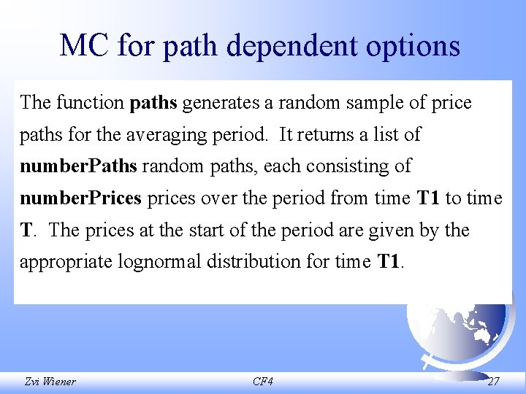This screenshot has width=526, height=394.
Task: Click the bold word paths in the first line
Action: click(153, 103)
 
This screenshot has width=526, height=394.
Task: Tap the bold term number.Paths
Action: click(78, 166)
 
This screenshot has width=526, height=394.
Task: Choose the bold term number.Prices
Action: click(80, 198)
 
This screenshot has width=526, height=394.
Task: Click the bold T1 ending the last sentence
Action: click(389, 261)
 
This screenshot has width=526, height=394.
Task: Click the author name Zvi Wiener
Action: click(50, 382)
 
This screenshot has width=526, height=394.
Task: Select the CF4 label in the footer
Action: click(262, 382)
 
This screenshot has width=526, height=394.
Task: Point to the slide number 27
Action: click(494, 382)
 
